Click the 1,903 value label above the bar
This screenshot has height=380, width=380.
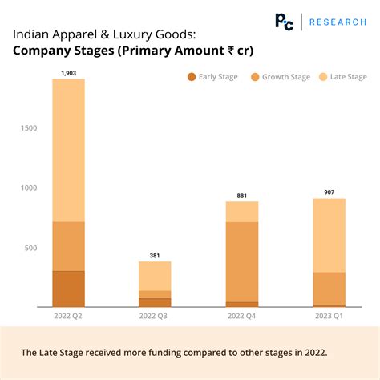coord(68,73)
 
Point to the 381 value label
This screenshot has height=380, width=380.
coord(155,256)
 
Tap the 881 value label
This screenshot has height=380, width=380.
coord(241,196)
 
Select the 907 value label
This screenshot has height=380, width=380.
coord(329,192)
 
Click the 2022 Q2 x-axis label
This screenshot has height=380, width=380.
coord(68,317)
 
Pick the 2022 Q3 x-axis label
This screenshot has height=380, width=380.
coord(155,317)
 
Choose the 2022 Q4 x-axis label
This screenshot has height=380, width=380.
coord(242,317)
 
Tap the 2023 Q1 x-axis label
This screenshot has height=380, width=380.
coord(329,317)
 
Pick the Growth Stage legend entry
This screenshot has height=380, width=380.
coord(277,77)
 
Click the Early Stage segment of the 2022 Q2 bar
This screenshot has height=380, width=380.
coord(68,289)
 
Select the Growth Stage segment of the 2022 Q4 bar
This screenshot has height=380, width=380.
coord(242,261)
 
